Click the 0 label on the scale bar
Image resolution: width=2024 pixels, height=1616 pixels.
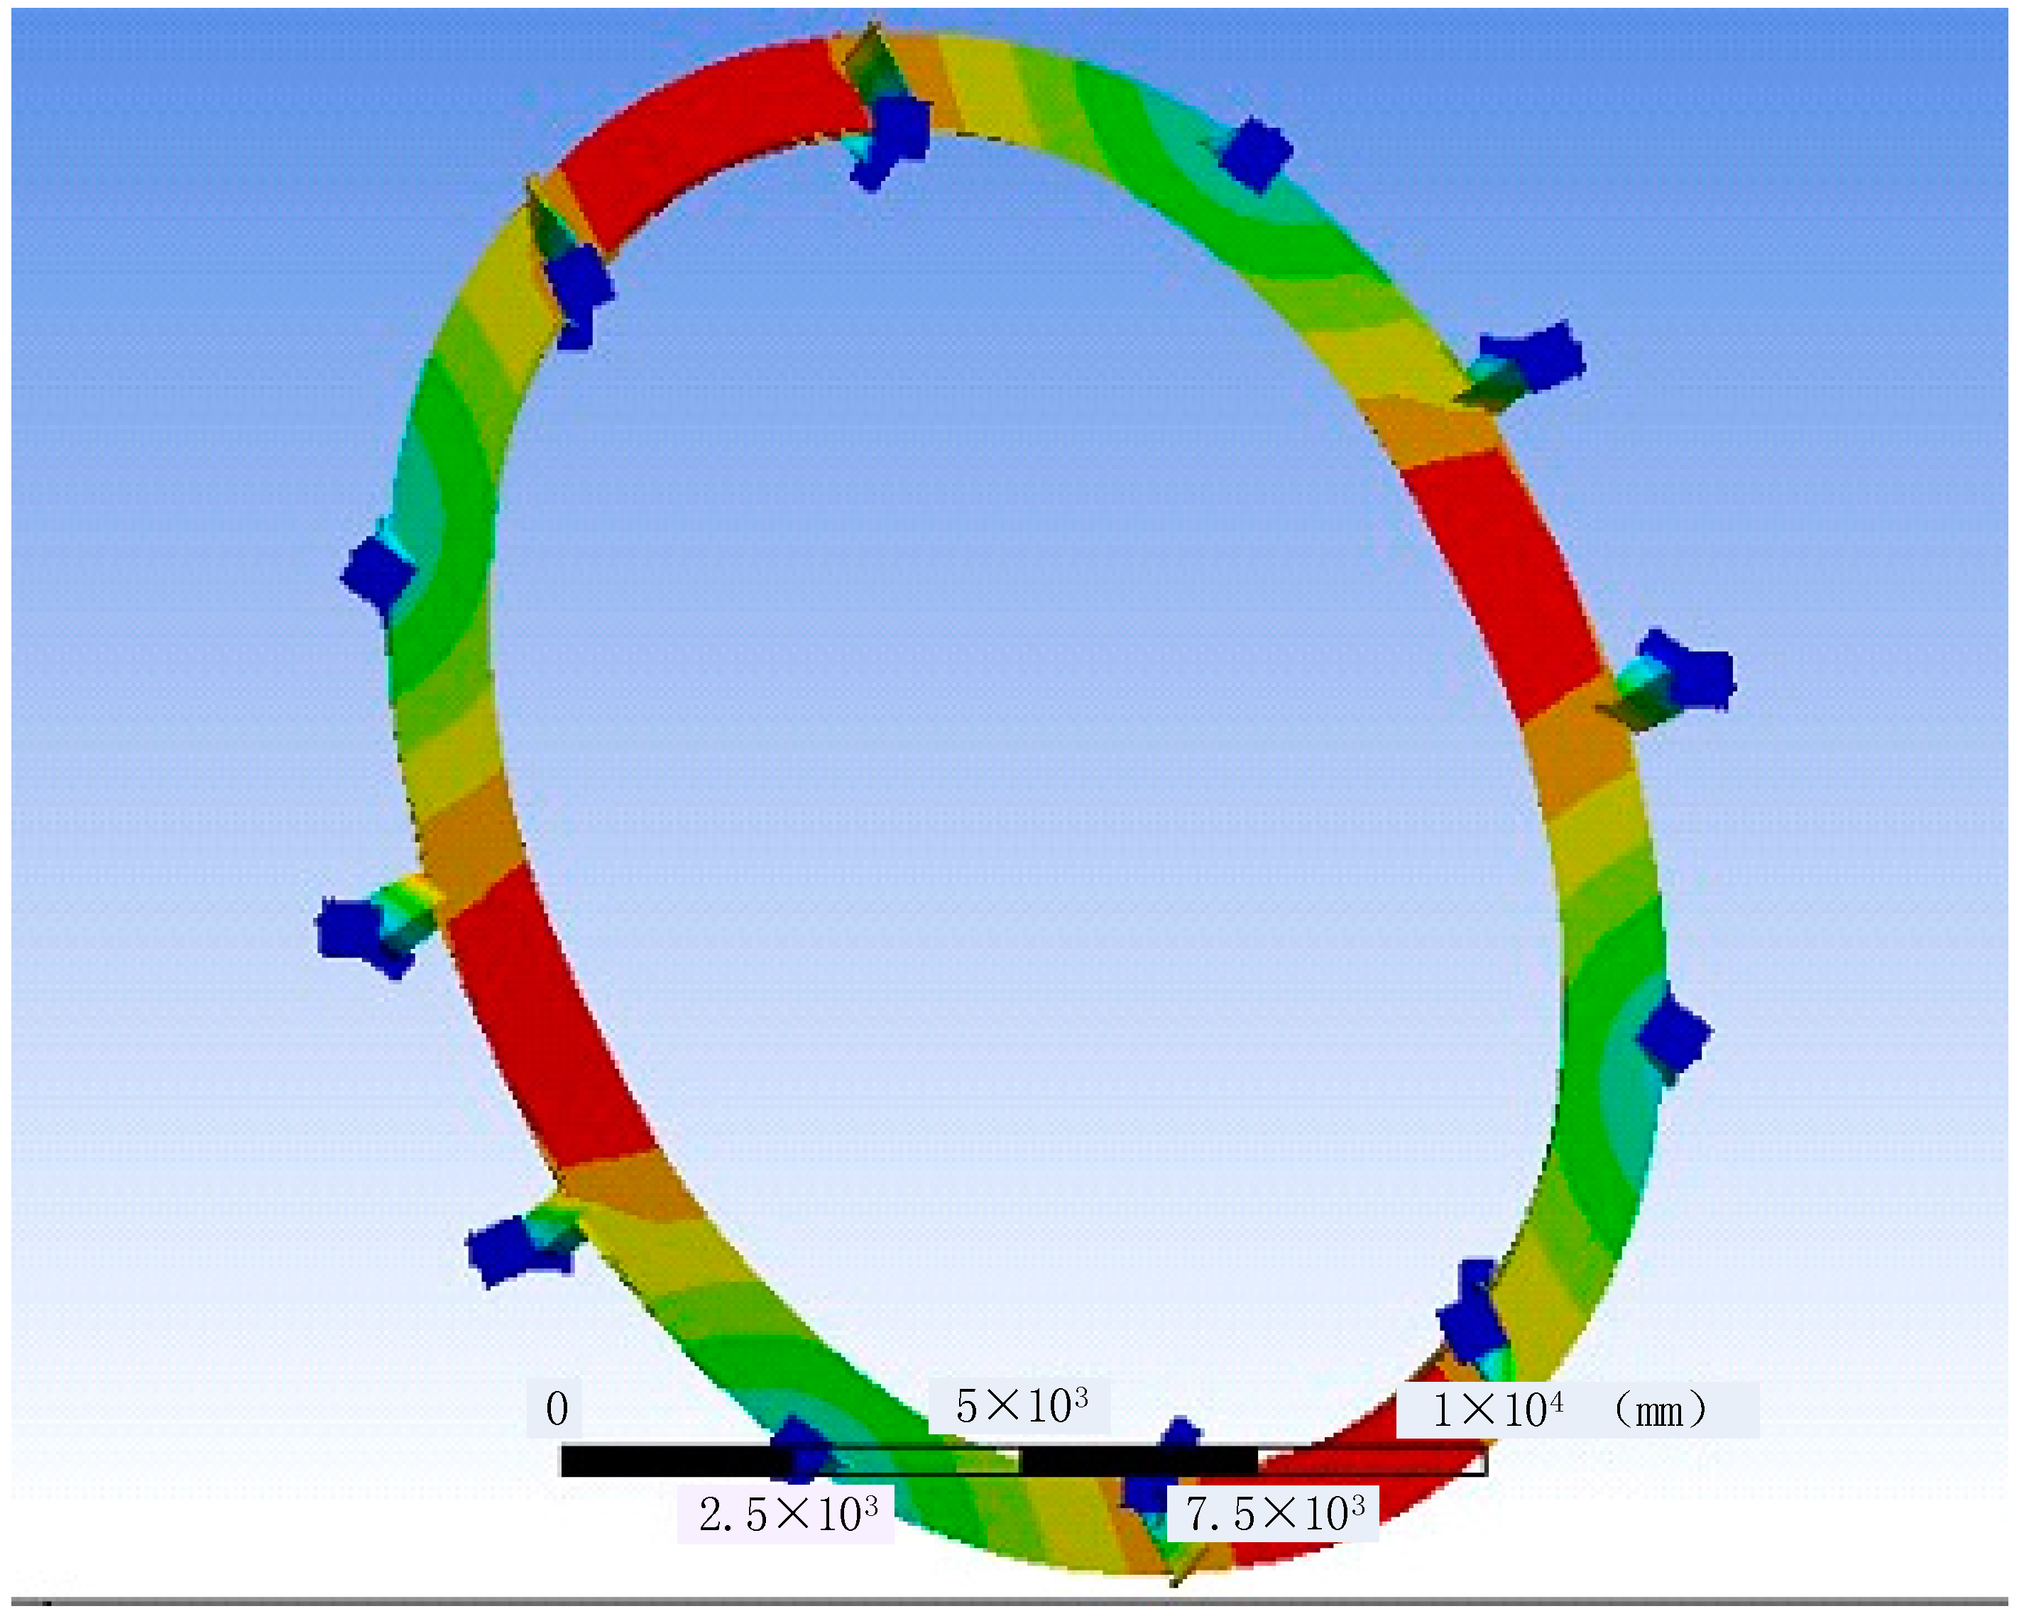pos(557,1409)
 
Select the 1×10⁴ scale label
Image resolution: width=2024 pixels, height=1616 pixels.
pos(1497,1409)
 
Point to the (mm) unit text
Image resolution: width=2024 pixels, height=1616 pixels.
pos(1659,1409)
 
